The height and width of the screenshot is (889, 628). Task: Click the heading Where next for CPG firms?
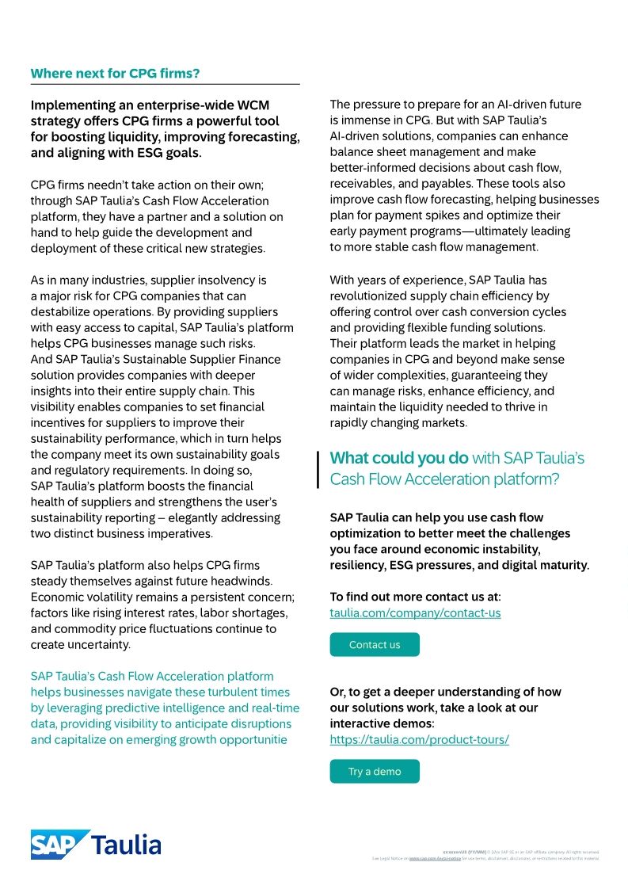point(115,74)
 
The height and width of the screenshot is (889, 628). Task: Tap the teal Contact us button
point(374,645)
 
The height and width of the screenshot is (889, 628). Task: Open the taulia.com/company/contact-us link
point(415,612)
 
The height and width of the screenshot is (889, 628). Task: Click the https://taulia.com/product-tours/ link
point(419,739)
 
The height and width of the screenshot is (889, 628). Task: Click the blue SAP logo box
point(59,845)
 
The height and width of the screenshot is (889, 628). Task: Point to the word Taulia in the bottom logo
point(128,845)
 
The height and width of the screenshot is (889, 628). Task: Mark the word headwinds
point(238,581)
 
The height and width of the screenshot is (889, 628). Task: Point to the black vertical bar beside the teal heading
point(318,469)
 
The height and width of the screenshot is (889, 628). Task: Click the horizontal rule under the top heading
point(165,84)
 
